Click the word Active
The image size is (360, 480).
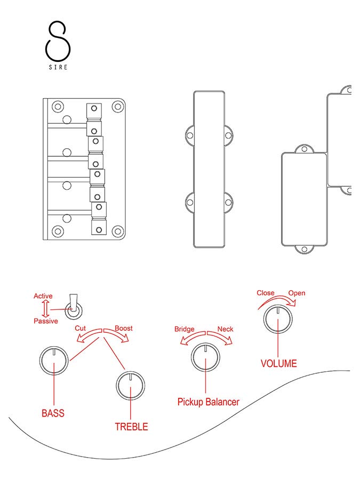pos(43,296)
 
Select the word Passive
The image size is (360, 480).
pos(46,321)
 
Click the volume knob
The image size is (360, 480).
pos(278,319)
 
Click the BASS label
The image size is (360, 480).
pos(53,413)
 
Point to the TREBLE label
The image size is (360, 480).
pos(131,427)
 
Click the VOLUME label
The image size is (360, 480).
pos(278,364)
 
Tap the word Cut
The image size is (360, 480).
pos(81,329)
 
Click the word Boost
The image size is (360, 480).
pos(123,329)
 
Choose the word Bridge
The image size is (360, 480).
pos(185,329)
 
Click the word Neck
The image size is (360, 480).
pos(225,329)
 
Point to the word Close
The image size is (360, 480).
pos(266,293)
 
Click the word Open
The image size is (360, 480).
pos(297,293)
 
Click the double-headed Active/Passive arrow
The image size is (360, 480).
pos(46,309)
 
